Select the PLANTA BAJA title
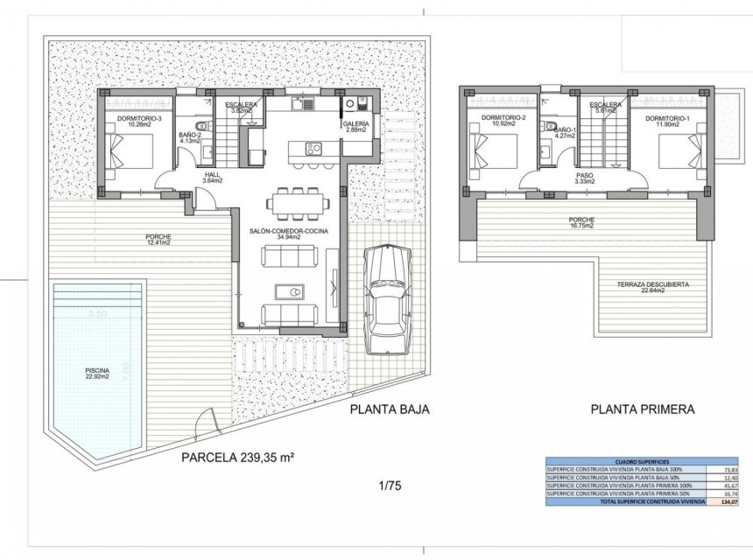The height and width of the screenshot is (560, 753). click(x=389, y=409)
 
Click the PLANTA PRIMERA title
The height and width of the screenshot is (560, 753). click(x=642, y=409)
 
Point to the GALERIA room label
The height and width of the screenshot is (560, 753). click(x=356, y=125)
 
